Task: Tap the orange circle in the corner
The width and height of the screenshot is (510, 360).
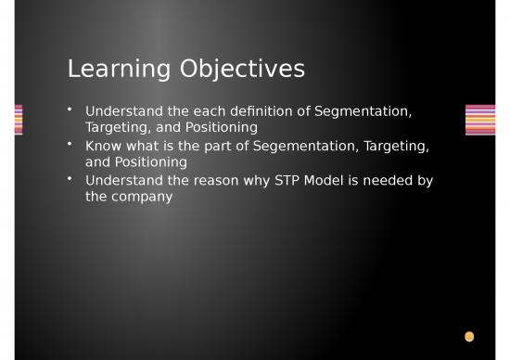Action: tap(469, 336)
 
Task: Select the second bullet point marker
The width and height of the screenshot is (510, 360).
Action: tap(70, 145)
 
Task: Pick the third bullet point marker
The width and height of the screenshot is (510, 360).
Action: tap(70, 179)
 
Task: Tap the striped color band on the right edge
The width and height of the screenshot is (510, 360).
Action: tap(479, 120)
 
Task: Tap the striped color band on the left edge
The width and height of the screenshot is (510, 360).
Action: tap(19, 120)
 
